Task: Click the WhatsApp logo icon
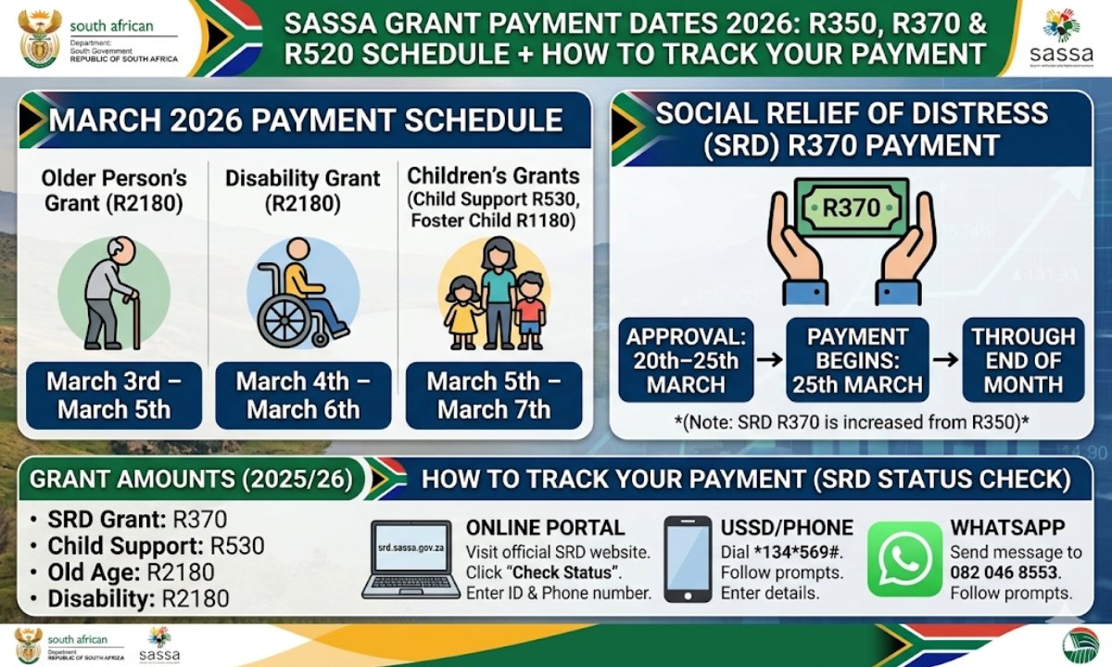click(904, 559)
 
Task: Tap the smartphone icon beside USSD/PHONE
click(688, 559)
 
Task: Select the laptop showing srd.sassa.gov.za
click(415, 560)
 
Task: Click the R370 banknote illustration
click(852, 208)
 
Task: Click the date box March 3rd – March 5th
click(114, 396)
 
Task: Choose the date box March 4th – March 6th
click(303, 396)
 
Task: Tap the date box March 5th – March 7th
click(494, 396)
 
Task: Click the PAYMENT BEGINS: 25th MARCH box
click(857, 360)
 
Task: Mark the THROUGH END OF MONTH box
click(1023, 360)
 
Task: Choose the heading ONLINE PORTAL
click(545, 528)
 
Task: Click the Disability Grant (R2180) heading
click(303, 189)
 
